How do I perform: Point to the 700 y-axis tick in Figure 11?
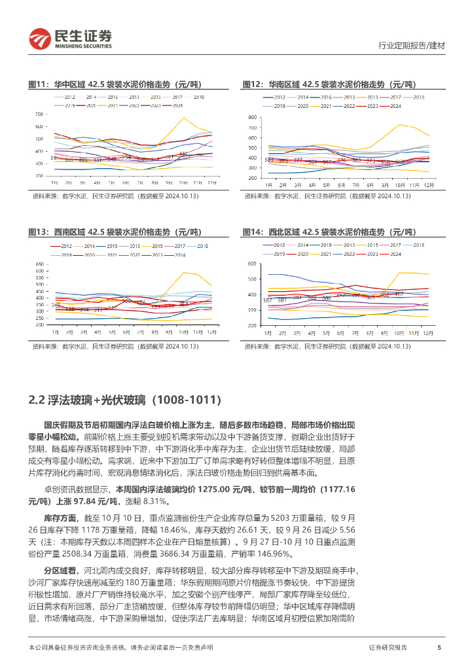pyautogui.click(x=39, y=114)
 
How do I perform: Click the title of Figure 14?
pyautogui.click(x=330, y=232)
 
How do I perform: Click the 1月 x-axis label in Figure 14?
pyautogui.click(x=267, y=332)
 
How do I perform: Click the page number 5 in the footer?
pyautogui.click(x=439, y=647)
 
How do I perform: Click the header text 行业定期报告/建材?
pyautogui.click(x=412, y=46)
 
